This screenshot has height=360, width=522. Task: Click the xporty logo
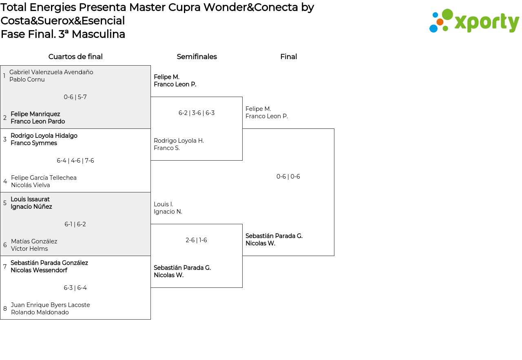474,21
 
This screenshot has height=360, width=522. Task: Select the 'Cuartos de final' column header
75,57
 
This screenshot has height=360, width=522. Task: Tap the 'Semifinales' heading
197,57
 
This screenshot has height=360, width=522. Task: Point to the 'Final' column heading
288,57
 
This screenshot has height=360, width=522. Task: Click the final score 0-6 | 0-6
288,177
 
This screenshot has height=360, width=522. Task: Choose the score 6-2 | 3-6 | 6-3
196,113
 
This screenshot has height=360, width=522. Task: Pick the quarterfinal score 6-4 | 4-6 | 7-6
75,161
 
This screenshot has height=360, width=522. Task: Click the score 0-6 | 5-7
75,97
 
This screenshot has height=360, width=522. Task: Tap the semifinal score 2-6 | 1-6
196,240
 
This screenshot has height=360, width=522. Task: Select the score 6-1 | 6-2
75,224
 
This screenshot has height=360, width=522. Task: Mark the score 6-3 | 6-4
75,288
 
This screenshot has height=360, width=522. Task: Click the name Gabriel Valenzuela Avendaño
51,72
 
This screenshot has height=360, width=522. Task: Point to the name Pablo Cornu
27,80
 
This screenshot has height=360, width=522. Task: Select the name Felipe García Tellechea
44,178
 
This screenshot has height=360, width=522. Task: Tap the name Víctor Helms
29,249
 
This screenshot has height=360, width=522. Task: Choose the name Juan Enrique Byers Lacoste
50,305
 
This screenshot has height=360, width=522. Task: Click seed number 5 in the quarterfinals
5,203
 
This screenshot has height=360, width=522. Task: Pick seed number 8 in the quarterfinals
5,309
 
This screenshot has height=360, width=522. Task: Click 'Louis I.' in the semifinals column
163,204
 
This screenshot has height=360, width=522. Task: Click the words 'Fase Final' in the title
28,34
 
